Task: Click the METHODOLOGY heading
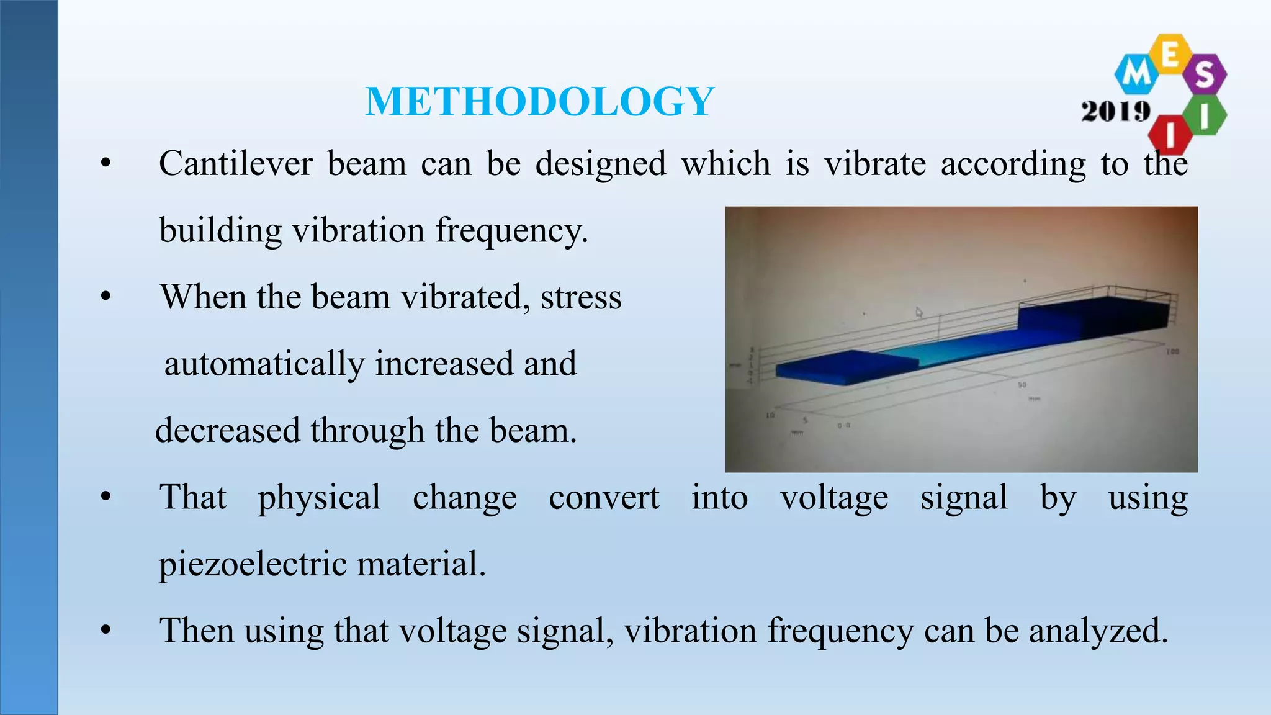[539, 102]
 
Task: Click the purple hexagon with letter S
[1204, 74]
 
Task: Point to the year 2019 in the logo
[1115, 112]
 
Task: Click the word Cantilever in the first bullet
[236, 164]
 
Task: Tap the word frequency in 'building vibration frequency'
[511, 231]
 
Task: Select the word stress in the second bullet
[581, 297]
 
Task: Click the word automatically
[264, 364]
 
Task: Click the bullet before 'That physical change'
[106, 498]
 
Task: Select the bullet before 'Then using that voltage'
[106, 631]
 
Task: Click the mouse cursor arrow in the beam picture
[920, 313]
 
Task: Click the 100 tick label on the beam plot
[1172, 352]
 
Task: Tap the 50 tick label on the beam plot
[1022, 385]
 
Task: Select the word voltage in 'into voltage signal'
[834, 498]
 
